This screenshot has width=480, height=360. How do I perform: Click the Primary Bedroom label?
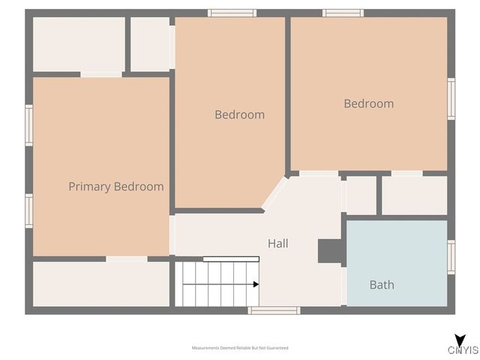[x=115, y=187]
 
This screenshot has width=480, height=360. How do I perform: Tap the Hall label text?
[x=277, y=244]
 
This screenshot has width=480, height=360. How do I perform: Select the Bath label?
[x=382, y=285]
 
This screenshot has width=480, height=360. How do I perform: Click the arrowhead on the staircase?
[x=256, y=284]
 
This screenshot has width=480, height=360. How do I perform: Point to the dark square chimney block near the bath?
[x=330, y=251]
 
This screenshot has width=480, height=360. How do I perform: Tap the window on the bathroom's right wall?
[x=451, y=256]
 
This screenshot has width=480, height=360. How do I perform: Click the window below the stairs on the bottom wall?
[x=274, y=310]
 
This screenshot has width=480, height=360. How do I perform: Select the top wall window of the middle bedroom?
[x=232, y=13]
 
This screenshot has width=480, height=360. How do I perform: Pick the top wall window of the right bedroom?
[x=343, y=13]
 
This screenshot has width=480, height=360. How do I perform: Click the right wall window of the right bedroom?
[x=451, y=98]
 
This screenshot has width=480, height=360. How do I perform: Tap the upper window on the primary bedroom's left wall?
[x=29, y=124]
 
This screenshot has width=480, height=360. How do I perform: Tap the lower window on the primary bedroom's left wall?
[x=29, y=210]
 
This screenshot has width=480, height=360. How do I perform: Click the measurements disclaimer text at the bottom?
[x=240, y=348]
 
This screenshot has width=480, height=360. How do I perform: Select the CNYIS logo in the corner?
[x=463, y=346]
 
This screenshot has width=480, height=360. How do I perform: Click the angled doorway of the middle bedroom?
[x=274, y=192]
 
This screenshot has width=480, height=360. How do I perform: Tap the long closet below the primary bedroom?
[x=100, y=283]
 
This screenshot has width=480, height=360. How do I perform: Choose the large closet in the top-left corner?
[x=79, y=44]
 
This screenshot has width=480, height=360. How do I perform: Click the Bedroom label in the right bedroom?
[x=368, y=103]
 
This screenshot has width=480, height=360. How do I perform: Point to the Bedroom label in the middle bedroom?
[x=239, y=115]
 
